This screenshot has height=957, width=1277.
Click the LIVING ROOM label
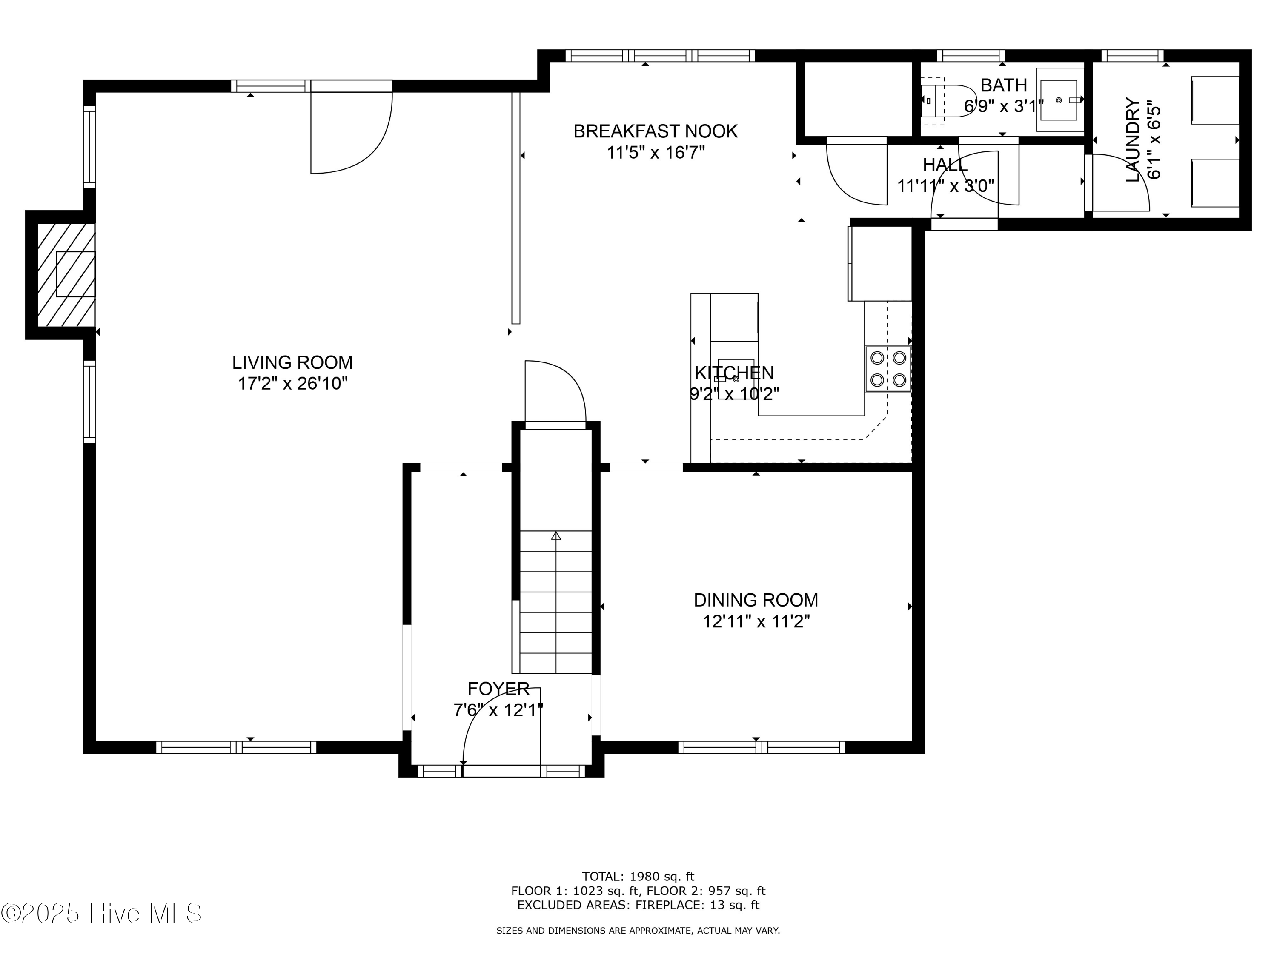(292, 362)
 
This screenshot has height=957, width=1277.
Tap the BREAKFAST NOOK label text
(655, 131)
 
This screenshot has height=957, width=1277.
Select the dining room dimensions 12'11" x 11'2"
(756, 622)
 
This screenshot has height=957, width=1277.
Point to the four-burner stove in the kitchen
(888, 369)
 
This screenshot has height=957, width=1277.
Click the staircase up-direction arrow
(556, 536)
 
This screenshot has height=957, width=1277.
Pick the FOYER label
(498, 689)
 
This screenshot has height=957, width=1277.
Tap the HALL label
(945, 165)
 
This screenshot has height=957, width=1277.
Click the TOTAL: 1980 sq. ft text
(638, 877)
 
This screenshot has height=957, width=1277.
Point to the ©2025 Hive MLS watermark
(102, 914)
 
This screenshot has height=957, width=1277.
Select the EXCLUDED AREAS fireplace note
(638, 905)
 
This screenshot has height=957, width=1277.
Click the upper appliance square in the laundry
(1215, 100)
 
